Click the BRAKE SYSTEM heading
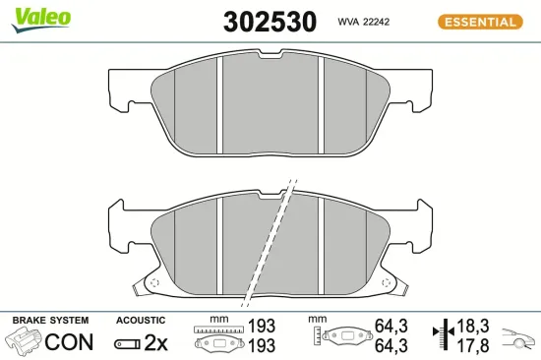click(49, 321)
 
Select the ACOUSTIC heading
click(141, 321)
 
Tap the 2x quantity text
click(156, 342)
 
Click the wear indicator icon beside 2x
click(128, 343)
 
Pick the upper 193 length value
click(262, 325)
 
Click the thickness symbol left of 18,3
click(443, 333)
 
